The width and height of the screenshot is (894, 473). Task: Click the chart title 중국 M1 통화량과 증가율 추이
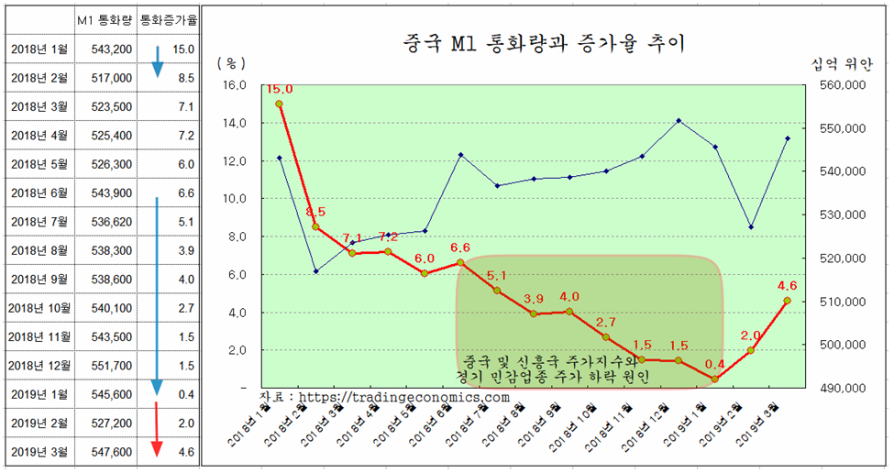pos(543,42)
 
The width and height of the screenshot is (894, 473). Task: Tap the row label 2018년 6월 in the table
pos(39,192)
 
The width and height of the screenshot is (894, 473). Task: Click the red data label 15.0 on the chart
pos(279,89)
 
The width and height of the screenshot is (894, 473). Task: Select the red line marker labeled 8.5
pos(315,226)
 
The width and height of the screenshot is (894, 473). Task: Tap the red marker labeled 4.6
pos(787,301)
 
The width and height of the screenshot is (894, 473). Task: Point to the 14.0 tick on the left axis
pos(235,123)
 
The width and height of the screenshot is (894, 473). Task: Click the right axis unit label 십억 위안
pos(841,64)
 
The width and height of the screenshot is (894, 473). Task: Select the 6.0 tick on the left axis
pos(235,274)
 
